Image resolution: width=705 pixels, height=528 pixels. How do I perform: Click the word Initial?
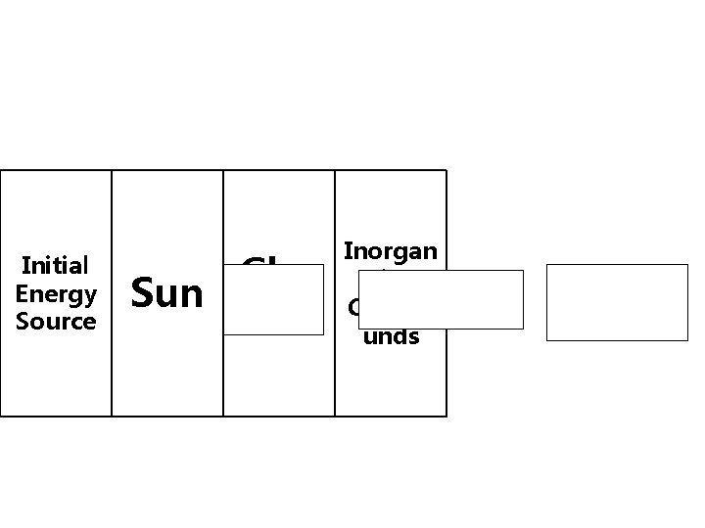(x=56, y=265)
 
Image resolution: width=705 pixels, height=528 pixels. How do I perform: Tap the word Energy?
(x=56, y=293)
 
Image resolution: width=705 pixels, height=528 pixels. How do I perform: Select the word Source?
(x=56, y=321)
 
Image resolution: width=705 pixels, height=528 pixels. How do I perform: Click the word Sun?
(x=166, y=292)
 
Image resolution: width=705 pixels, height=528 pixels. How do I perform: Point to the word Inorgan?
(x=391, y=251)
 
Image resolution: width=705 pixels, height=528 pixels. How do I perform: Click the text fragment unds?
(x=392, y=336)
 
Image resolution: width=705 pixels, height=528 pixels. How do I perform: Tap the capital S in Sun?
(x=141, y=292)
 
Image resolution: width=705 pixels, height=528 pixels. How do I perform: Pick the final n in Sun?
(x=191, y=294)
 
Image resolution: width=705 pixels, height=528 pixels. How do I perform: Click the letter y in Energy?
(x=91, y=295)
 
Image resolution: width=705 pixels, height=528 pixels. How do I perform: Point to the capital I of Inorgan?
(x=347, y=251)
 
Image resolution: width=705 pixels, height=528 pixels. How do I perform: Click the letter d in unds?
(x=400, y=336)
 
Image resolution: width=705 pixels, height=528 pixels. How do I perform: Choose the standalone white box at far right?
(x=617, y=302)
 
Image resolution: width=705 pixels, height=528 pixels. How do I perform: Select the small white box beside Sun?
(x=273, y=299)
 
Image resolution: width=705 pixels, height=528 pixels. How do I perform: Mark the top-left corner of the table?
(x=1, y=170)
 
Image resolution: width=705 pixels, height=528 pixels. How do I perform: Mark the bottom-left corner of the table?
(x=1, y=417)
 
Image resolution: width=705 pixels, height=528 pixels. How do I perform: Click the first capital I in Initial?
(x=24, y=265)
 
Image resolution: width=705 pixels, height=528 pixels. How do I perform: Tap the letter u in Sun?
(x=166, y=294)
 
